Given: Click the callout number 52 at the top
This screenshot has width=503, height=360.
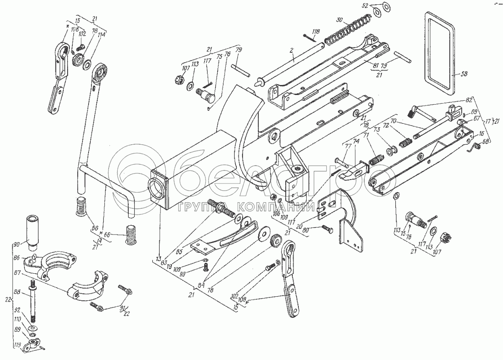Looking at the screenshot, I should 365,6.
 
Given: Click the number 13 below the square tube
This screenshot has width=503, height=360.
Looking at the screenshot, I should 158,256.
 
